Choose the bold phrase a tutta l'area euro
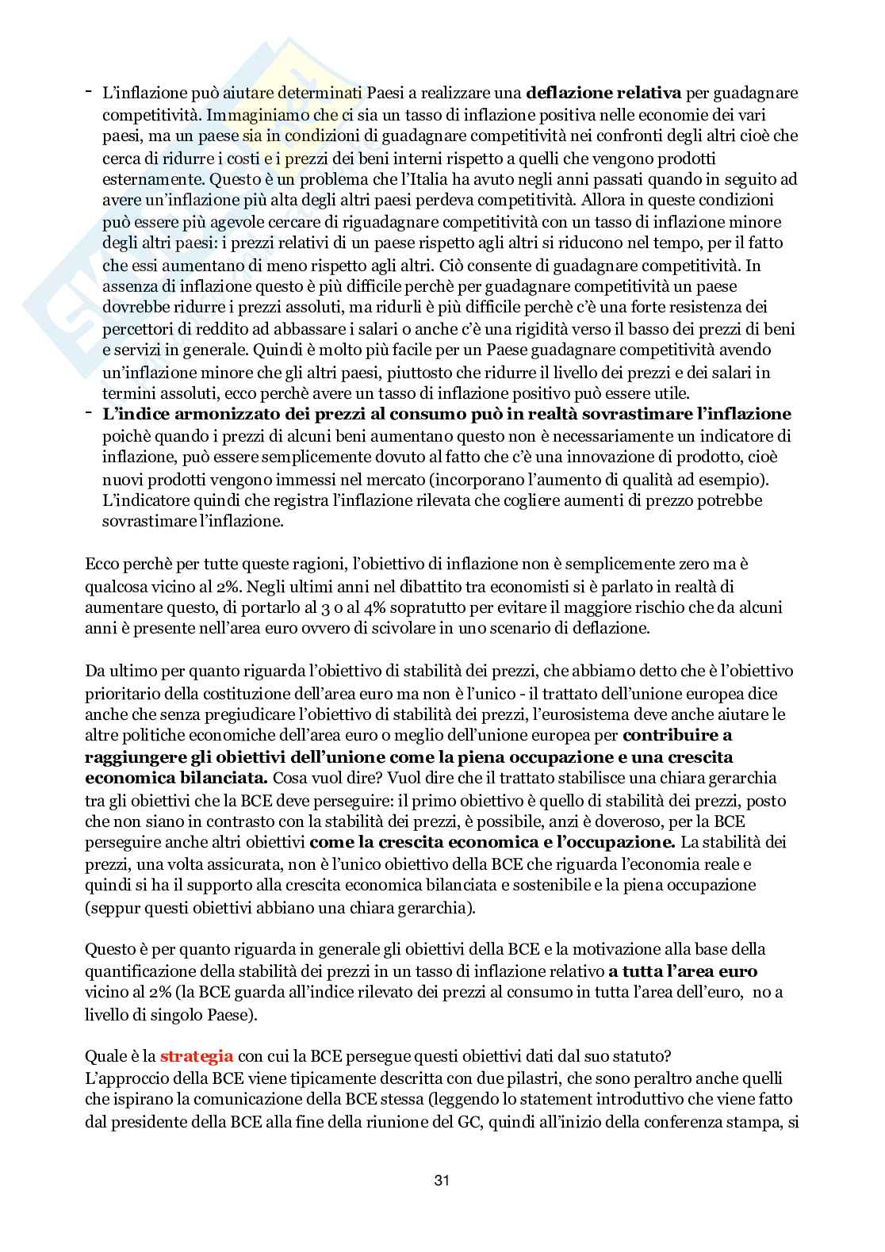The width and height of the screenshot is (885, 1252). click(683, 971)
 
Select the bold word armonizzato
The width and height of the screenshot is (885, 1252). click(216, 414)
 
